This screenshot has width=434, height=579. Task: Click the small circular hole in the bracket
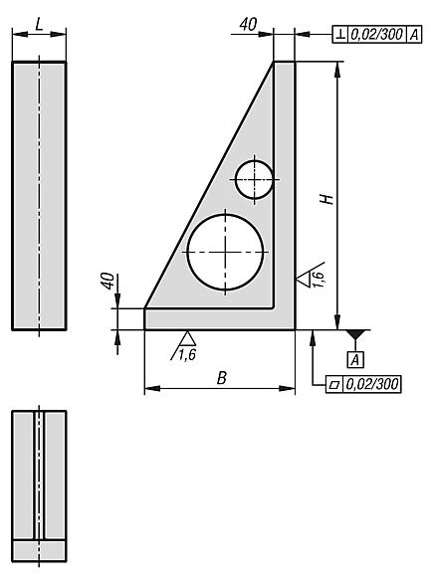(254, 179)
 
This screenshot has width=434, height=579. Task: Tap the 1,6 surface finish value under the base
(186, 352)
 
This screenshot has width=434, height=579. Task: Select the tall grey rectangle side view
(39, 195)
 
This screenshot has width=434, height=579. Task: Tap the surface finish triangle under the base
(186, 337)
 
